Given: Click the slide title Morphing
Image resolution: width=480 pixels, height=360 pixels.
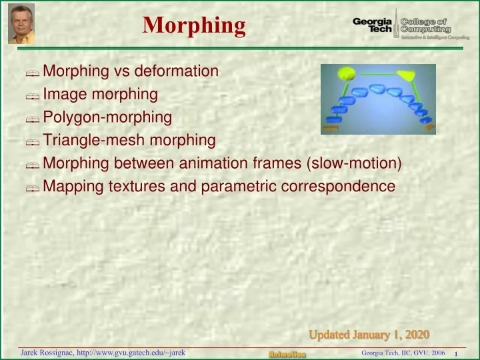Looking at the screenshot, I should [x=194, y=26].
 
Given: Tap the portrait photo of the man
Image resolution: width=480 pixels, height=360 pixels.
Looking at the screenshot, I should [x=21, y=24].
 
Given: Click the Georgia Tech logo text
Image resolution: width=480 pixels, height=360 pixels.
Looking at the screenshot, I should [x=375, y=25].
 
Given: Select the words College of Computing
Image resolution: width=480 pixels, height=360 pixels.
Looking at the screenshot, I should [x=425, y=25].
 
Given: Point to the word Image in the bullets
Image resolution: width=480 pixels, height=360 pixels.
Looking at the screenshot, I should [x=64, y=95].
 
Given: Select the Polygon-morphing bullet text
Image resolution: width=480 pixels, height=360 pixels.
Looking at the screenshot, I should [x=107, y=118].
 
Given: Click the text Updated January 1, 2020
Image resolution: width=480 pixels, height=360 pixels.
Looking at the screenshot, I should [x=369, y=333].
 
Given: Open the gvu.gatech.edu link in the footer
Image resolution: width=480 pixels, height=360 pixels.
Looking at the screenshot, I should [x=131, y=352].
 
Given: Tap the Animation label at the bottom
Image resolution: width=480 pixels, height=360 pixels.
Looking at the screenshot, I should [x=287, y=353].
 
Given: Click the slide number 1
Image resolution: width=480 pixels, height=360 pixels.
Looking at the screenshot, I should [x=455, y=353].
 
